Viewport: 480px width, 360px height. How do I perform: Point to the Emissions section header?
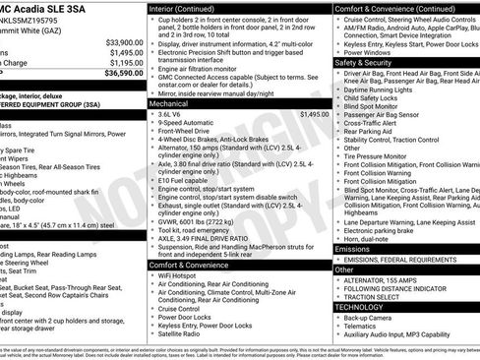(354, 249)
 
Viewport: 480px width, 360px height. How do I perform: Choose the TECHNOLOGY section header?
(358, 306)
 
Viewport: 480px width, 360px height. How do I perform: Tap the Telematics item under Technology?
(365, 327)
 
